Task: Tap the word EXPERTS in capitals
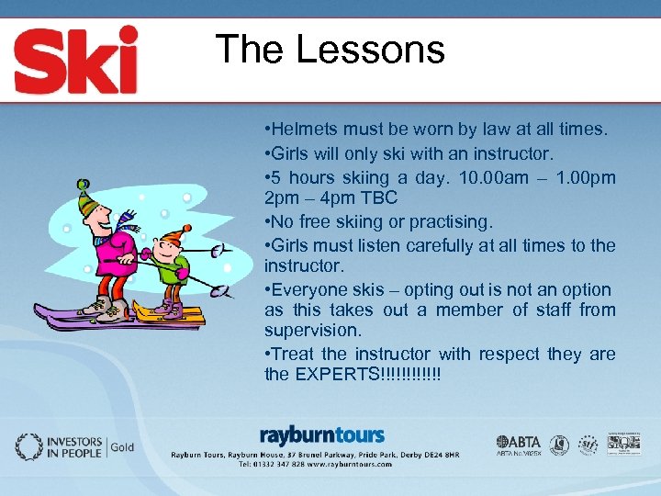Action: pos(334,374)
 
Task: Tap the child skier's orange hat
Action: pos(173,237)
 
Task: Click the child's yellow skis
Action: pos(169,313)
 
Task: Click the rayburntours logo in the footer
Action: pos(322,434)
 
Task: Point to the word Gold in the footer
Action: pos(123,448)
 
